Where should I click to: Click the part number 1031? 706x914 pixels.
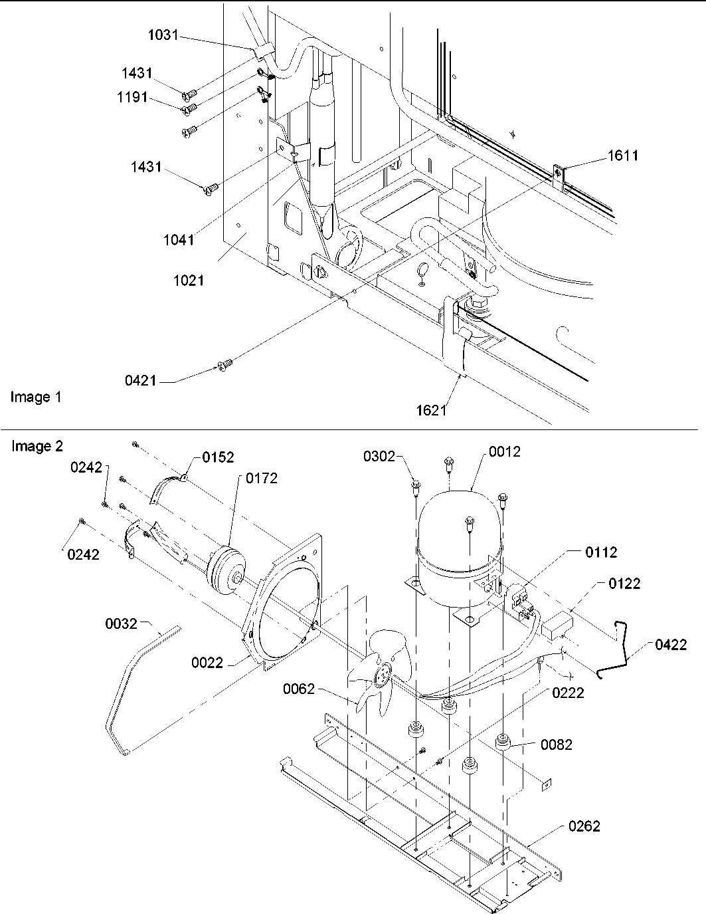pyautogui.click(x=162, y=35)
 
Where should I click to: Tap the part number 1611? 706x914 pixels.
pyautogui.click(x=622, y=156)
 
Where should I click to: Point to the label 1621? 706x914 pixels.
pyautogui.click(x=432, y=410)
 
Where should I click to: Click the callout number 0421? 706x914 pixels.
pyautogui.click(x=141, y=381)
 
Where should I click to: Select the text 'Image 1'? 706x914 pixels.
pyautogui.click(x=36, y=398)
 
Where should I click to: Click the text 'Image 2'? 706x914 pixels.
pyautogui.click(x=37, y=447)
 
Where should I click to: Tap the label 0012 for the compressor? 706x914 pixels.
pyautogui.click(x=505, y=452)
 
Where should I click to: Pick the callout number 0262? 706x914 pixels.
pyautogui.click(x=584, y=826)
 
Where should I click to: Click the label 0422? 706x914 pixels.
pyautogui.click(x=671, y=644)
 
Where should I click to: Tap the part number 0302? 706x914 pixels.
pyautogui.click(x=379, y=456)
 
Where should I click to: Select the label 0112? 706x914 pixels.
pyautogui.click(x=600, y=552)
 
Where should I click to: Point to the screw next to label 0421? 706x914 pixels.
pyautogui.click(x=225, y=364)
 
